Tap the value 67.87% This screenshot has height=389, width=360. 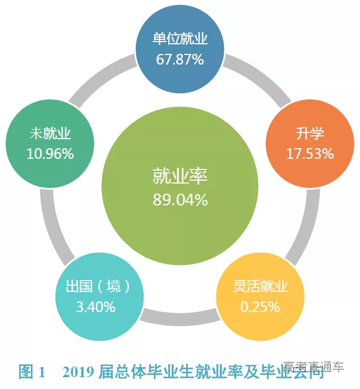pyautogui.click(x=180, y=60)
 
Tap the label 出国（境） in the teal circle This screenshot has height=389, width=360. pyautogui.click(x=95, y=287)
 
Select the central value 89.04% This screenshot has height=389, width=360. pyautogui.click(x=180, y=199)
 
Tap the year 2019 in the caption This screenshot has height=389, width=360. pyautogui.click(x=79, y=372)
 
